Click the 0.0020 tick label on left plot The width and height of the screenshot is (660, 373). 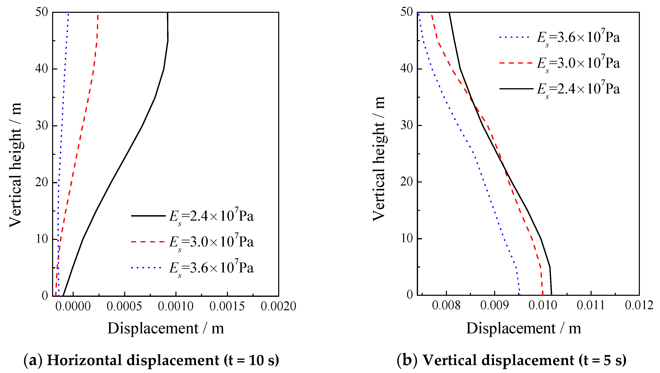(x=278, y=306)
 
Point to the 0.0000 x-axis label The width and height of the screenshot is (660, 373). (x=73, y=306)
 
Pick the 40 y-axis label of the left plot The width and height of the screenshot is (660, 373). (x=42, y=69)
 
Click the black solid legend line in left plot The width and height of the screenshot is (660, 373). (x=148, y=216)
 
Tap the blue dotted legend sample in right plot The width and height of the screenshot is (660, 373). (x=514, y=37)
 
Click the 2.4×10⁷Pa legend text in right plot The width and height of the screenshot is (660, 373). (x=579, y=89)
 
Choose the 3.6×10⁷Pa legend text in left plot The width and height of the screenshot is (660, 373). (x=211, y=268)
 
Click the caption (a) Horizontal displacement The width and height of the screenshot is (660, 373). (x=151, y=360)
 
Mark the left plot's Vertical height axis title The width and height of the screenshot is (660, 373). (x=15, y=165)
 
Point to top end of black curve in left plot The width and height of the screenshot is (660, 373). (x=167, y=13)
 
